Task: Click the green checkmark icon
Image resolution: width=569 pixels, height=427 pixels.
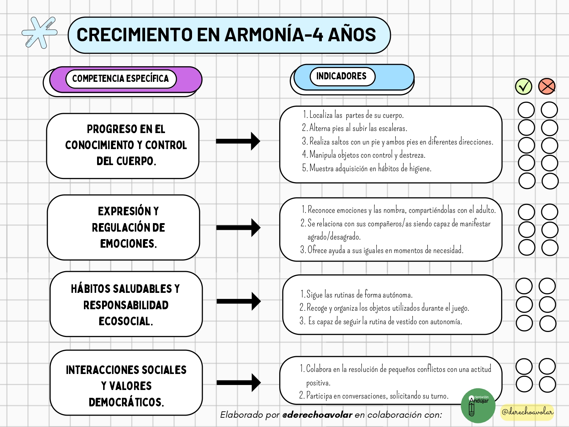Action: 523,86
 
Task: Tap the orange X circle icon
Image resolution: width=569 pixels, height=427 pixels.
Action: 547,86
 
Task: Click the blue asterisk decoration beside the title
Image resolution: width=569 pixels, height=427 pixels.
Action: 39,33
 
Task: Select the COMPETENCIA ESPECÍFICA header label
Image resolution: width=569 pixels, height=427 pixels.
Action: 121,79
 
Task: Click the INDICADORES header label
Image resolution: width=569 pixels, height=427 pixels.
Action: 342,76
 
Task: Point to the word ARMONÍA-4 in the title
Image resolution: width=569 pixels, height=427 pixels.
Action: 274,35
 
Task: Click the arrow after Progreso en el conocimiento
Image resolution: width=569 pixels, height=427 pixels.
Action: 238,141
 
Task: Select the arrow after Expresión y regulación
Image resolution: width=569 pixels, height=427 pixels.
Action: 238,227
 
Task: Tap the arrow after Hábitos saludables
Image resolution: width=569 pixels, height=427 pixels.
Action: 239,301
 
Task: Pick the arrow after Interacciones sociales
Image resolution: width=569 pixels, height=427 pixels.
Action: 239,383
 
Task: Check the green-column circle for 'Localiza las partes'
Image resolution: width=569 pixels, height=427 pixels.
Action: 526,110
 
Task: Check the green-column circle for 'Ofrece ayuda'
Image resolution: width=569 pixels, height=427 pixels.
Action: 526,248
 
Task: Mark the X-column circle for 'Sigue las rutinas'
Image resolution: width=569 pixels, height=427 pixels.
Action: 547,286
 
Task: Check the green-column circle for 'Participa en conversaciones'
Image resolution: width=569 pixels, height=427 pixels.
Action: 524,384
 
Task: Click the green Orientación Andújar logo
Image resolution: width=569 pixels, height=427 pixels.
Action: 478,406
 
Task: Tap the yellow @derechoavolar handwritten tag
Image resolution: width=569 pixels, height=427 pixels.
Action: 527,412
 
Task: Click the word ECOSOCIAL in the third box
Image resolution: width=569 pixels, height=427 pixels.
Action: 126,321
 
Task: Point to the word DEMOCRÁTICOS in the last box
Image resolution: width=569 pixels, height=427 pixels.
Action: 126,402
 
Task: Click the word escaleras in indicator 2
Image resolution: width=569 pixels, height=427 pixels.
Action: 393,128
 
